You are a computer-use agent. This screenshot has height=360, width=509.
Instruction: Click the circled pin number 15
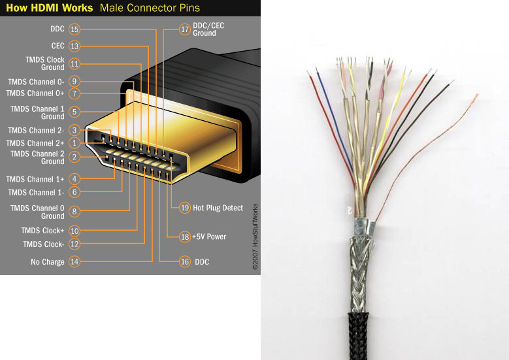pos(74,29)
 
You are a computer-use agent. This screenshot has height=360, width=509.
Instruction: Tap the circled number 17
pos(185,29)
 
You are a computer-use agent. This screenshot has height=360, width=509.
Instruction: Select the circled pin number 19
pos(185,208)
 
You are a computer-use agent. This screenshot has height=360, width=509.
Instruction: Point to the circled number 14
pos(74,261)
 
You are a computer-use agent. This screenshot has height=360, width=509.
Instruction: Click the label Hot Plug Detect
pos(218,208)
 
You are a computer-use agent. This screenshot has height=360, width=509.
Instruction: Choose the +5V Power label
pos(209,237)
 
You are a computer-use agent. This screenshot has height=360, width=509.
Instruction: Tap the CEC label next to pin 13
pos(57,46)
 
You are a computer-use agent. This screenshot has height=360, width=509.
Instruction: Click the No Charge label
pos(48,261)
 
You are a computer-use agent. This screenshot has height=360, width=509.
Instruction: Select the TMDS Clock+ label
pos(42,231)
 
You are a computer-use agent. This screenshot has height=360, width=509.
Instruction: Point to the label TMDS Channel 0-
pos(36,82)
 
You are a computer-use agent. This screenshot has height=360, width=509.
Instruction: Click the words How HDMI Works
pos(50,8)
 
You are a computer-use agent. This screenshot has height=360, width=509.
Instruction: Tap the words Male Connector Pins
pos(150,8)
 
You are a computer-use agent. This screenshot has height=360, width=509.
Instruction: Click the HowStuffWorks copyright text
pos(255,237)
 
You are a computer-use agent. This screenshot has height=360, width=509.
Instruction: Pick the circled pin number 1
pos(74,143)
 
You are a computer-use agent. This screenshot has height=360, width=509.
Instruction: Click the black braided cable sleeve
pos(358,336)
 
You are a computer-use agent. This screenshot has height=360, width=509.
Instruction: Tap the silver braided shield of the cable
pos(359,274)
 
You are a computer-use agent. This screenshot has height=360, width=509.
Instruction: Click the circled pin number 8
pos(74,211)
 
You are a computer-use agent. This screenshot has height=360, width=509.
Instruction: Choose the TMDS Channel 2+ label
pos(35,143)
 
